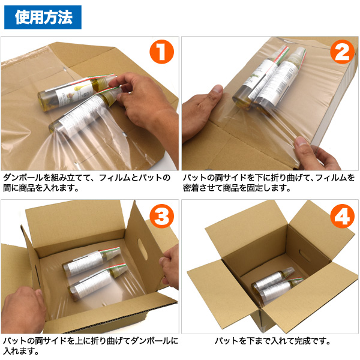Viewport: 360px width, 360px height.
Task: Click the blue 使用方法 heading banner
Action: pyautogui.click(x=43, y=17)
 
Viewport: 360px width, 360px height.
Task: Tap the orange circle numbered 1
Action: pyautogui.click(x=161, y=52)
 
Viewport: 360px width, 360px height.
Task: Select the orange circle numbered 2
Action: pyautogui.click(x=343, y=52)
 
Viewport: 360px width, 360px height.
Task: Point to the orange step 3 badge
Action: pyautogui.click(x=161, y=216)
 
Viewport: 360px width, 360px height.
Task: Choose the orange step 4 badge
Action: pyautogui.click(x=343, y=216)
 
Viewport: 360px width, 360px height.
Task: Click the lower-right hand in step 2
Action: pyautogui.click(x=317, y=154)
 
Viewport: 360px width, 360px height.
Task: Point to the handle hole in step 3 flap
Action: pyautogui.click(x=143, y=249)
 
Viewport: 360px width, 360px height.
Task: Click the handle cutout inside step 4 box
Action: pyautogui.click(x=305, y=256)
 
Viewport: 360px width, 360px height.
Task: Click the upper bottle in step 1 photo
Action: pyautogui.click(x=77, y=91)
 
